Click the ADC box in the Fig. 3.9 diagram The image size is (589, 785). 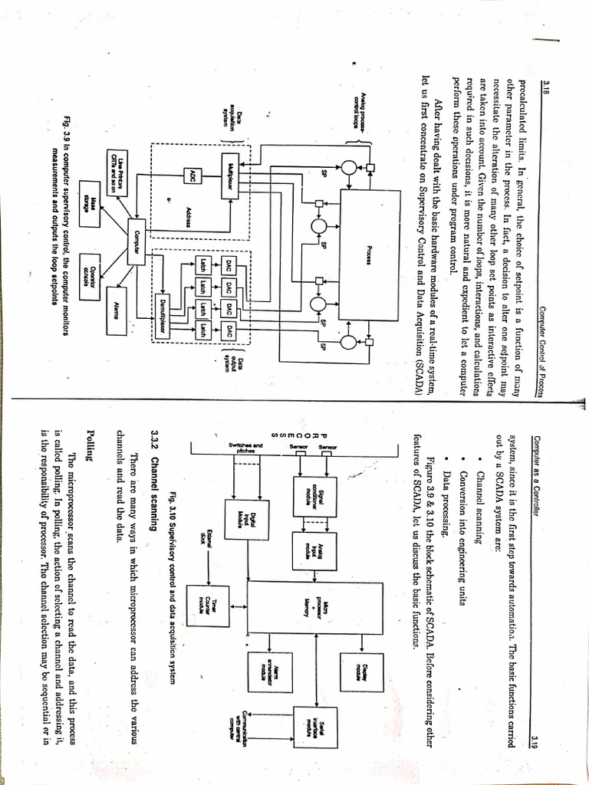click(x=194, y=176)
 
